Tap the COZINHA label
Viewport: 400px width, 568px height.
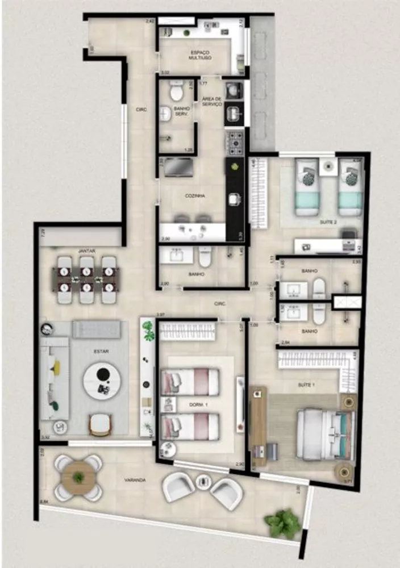point(195,195)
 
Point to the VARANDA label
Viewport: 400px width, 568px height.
point(135,481)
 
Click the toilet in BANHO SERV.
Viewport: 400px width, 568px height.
point(176,90)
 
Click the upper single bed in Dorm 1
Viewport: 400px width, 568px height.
point(190,382)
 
